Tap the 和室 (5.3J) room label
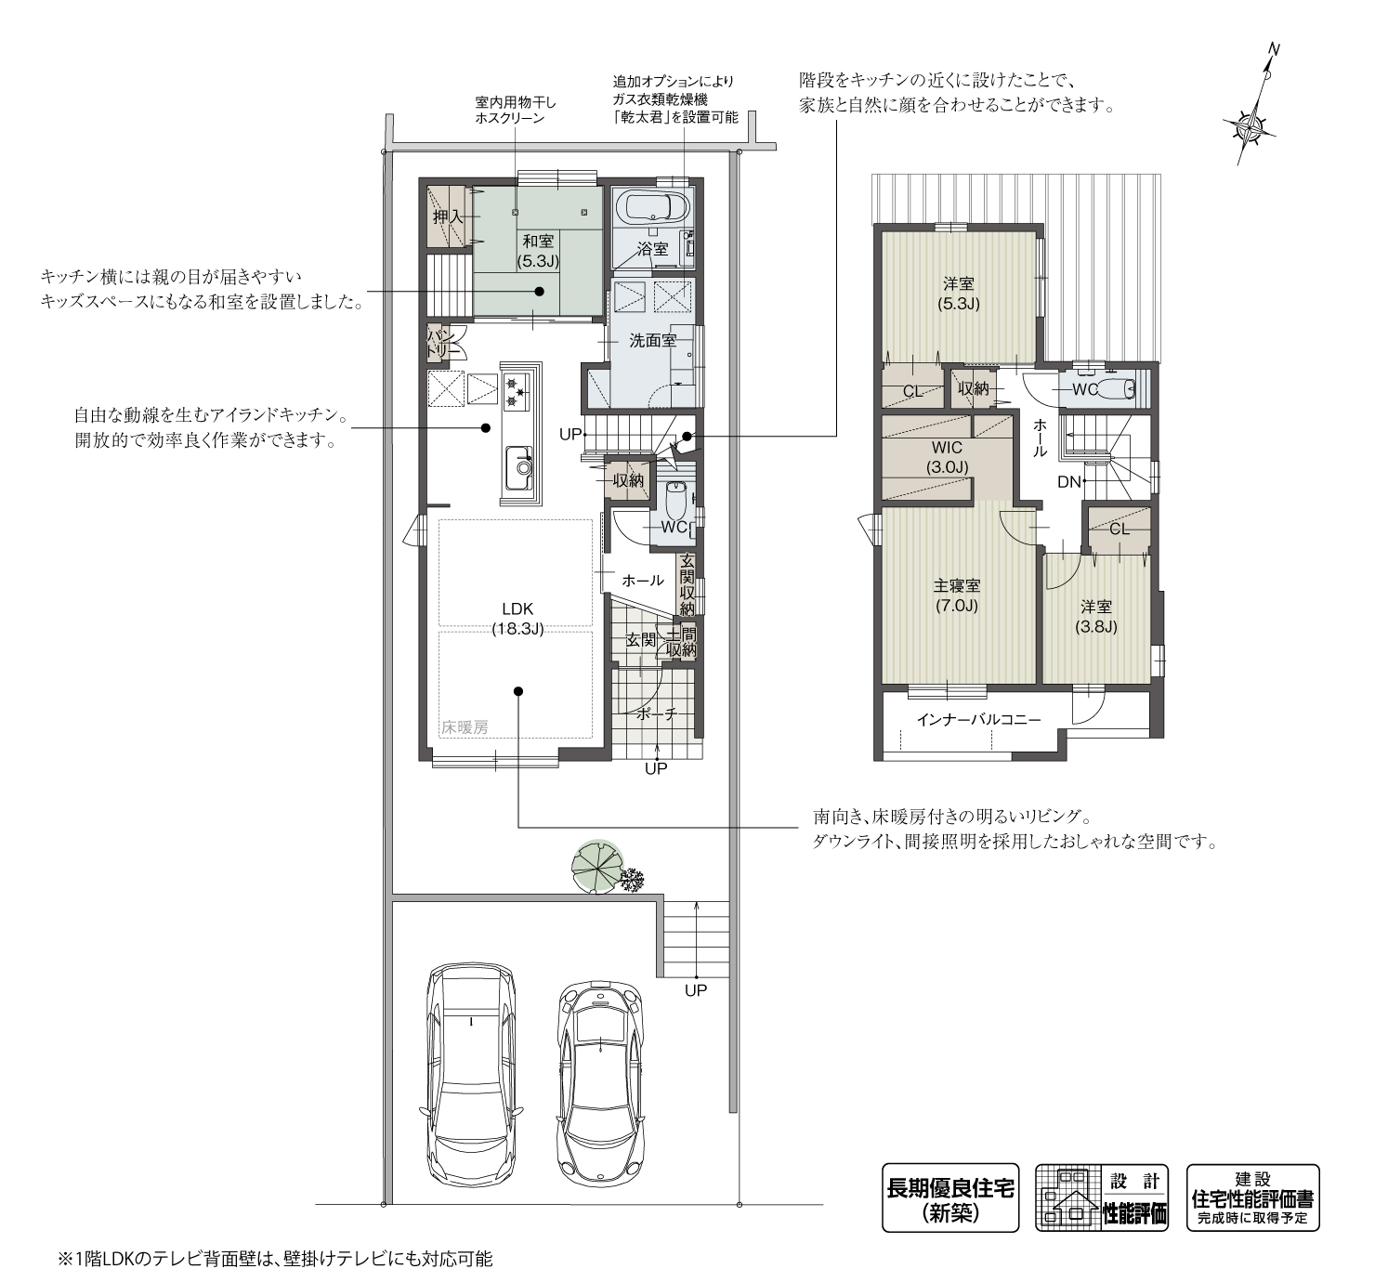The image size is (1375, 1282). (538, 251)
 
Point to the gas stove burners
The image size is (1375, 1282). (514, 390)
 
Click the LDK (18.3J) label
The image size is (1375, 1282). (517, 619)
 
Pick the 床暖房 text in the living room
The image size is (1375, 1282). (465, 727)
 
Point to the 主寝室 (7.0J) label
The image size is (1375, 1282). (957, 595)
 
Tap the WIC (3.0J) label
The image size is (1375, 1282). (947, 457)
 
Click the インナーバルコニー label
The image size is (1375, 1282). (978, 720)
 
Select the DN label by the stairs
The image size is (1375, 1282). (1069, 482)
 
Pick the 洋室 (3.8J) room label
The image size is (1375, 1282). (1096, 617)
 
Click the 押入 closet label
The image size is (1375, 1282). (447, 216)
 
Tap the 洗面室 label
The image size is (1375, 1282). (652, 340)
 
